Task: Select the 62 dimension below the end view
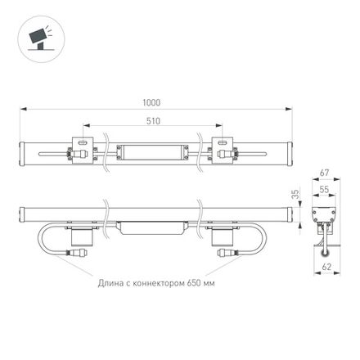pos(326,266)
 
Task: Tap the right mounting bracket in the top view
pos(224,151)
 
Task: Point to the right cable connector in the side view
pos(224,254)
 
